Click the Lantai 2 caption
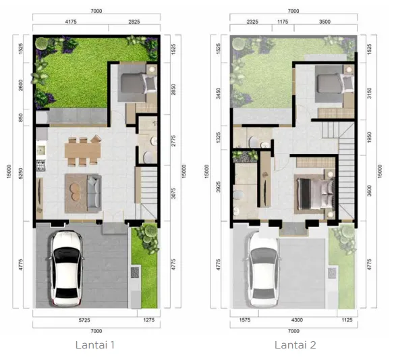tap(295, 344)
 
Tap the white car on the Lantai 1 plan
tap(66, 267)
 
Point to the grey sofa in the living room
tap(84, 186)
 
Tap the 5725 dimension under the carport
tap(84, 320)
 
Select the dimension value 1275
tap(148, 320)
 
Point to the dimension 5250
tap(22, 173)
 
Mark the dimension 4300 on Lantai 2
tap(294, 320)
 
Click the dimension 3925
tap(219, 185)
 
